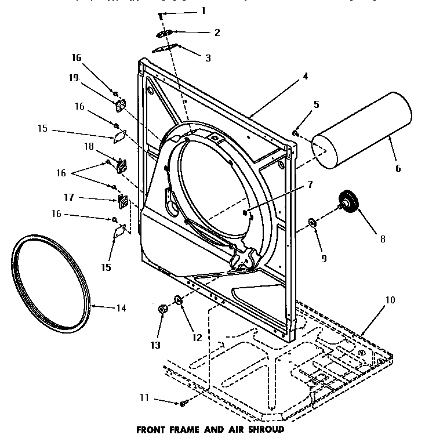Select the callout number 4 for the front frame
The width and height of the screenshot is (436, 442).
[x=305, y=76]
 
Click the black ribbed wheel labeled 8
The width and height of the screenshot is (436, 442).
[x=350, y=204]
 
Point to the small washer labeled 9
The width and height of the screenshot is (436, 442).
[x=312, y=223]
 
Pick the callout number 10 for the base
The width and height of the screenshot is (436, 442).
[x=390, y=300]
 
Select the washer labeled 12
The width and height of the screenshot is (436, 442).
[x=177, y=300]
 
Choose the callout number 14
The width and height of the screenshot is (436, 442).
[x=121, y=308]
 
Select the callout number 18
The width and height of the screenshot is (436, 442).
[x=89, y=147]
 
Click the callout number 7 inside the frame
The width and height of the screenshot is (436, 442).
[x=310, y=184]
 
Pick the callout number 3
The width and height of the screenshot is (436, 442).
[x=208, y=58]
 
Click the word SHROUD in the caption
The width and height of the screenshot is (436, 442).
[x=265, y=430]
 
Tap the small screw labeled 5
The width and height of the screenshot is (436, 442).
[x=296, y=133]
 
